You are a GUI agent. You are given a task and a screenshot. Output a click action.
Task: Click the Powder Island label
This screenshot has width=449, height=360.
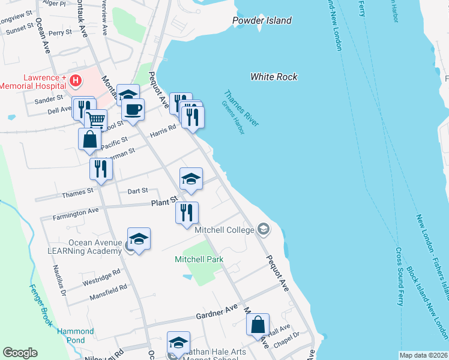coord(262,21)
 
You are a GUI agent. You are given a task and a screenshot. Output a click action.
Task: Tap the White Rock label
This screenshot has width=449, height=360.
coord(274,77)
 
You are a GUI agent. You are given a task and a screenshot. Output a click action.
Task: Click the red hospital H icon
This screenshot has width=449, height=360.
coord(76,80)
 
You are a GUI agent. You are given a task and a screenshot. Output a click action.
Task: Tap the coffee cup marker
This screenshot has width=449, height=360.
coord(133,109)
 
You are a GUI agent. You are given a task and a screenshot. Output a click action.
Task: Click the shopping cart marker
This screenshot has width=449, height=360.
coord(95,119)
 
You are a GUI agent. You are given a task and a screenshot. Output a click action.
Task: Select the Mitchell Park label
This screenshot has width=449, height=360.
coord(199,260)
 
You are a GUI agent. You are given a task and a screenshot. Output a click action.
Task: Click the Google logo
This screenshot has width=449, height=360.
coord(20,353)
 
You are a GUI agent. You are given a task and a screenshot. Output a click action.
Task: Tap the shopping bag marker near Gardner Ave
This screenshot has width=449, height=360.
coord(258,324)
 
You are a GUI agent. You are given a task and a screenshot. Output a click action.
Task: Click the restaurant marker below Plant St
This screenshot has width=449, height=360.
coord(187,212)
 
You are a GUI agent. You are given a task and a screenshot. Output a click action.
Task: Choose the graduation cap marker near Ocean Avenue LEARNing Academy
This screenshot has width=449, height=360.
coord(139,239)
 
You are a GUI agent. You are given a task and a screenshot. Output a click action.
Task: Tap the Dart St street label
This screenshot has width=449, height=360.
coord(137,191)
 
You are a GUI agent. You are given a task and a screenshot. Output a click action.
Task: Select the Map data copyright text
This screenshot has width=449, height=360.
coord(423,355)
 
